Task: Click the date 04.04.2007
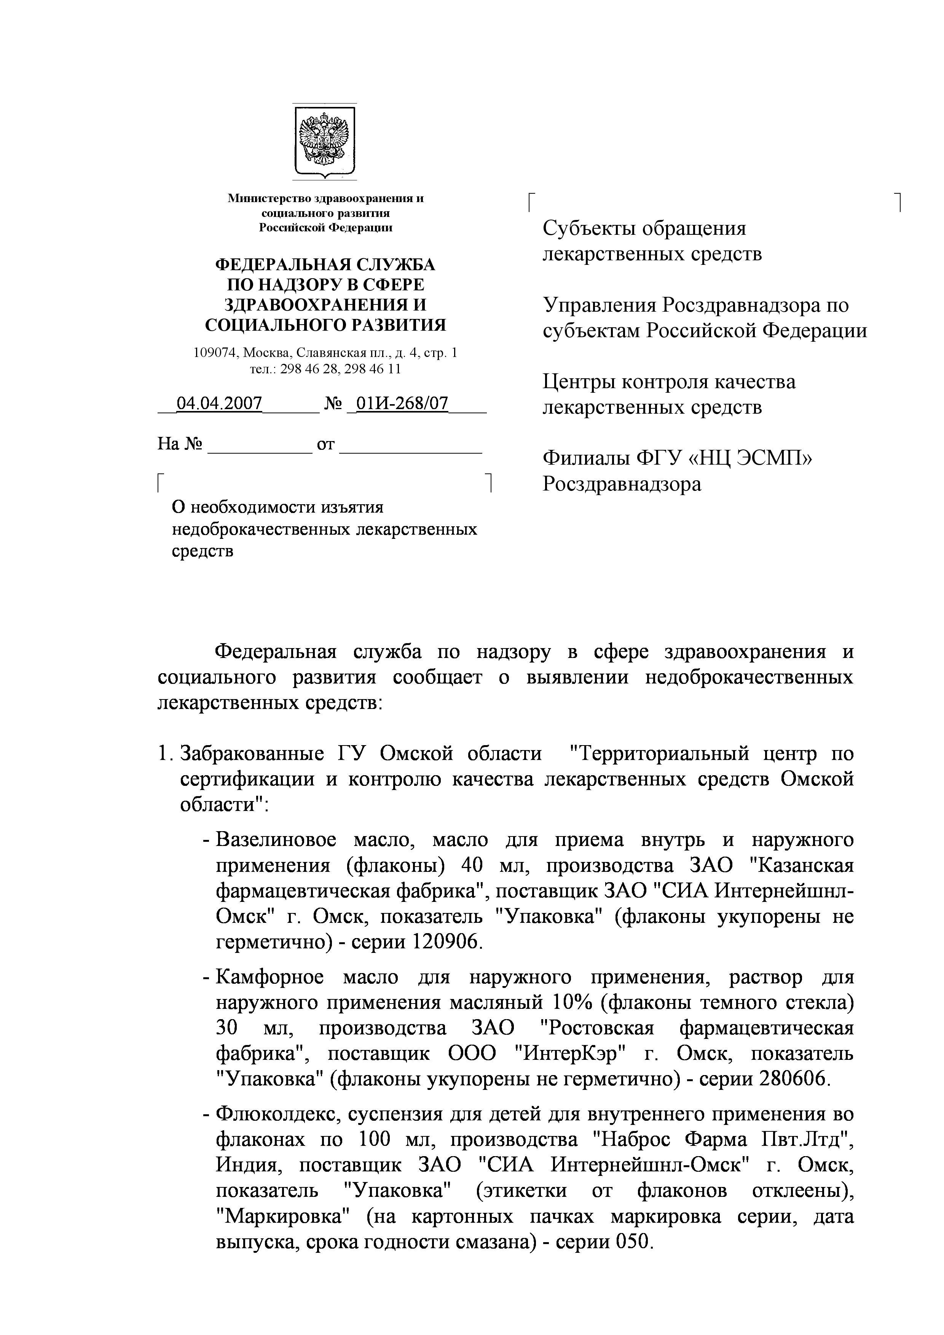click(219, 403)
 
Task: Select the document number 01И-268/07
click(401, 403)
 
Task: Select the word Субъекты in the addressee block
click(588, 228)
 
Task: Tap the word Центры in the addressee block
click(578, 382)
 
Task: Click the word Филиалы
click(585, 459)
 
